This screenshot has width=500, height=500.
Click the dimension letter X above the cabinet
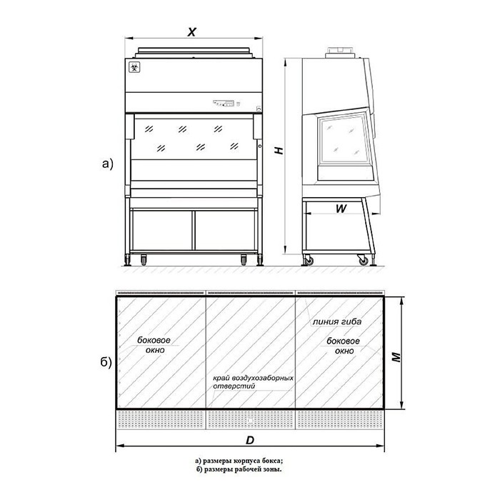coord(191,32)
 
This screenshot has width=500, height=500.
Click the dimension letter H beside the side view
coord(279,151)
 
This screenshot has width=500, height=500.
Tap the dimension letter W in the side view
coord(341,209)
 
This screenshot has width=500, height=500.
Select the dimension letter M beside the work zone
coord(396,357)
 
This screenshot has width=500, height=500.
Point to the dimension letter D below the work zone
coord(250,441)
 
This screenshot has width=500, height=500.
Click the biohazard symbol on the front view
coord(134,68)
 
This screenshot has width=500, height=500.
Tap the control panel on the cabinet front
coord(224,104)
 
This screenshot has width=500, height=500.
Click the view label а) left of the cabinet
coord(108,164)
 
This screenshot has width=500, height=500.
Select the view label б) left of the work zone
coord(106,362)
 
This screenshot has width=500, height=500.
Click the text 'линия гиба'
coord(337,321)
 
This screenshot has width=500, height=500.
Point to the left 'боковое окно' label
coord(154,345)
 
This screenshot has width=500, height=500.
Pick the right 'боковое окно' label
coord(344,346)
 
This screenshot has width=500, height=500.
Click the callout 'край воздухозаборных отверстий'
coord(253,382)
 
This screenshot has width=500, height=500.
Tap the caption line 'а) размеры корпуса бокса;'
coord(239,461)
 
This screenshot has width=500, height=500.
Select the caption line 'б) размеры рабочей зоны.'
coord(239,469)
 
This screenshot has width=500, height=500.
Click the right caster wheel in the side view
coord(363,261)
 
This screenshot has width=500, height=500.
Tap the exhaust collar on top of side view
coord(340,52)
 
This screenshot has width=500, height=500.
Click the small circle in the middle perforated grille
coord(250,421)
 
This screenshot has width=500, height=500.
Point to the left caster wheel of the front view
coord(144,259)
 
